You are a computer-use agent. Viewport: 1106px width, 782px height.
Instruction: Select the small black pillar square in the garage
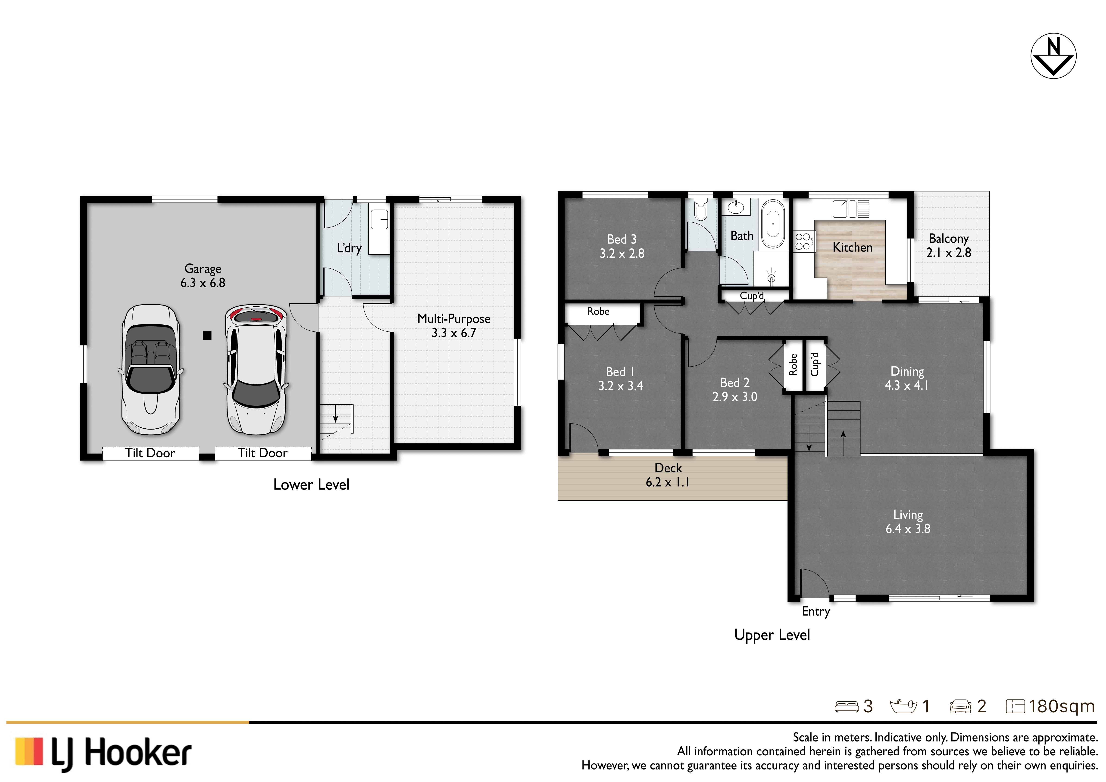(207, 336)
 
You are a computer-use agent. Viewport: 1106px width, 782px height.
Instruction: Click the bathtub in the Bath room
(773, 224)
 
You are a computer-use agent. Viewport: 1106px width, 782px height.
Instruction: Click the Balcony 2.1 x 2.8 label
(949, 246)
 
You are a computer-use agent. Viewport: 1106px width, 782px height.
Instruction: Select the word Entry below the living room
(816, 611)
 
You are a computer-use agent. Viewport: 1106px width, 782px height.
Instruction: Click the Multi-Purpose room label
(454, 326)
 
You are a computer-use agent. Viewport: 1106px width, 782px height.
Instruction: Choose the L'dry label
(349, 248)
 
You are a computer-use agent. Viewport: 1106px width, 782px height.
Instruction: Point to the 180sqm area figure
(1062, 706)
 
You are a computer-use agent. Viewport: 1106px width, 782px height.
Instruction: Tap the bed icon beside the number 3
(846, 706)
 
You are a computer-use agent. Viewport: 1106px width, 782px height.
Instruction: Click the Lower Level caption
(311, 484)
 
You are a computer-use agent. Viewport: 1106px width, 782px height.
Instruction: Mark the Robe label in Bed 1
(598, 312)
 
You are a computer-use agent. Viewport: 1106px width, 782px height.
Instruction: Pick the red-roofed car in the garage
(256, 370)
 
